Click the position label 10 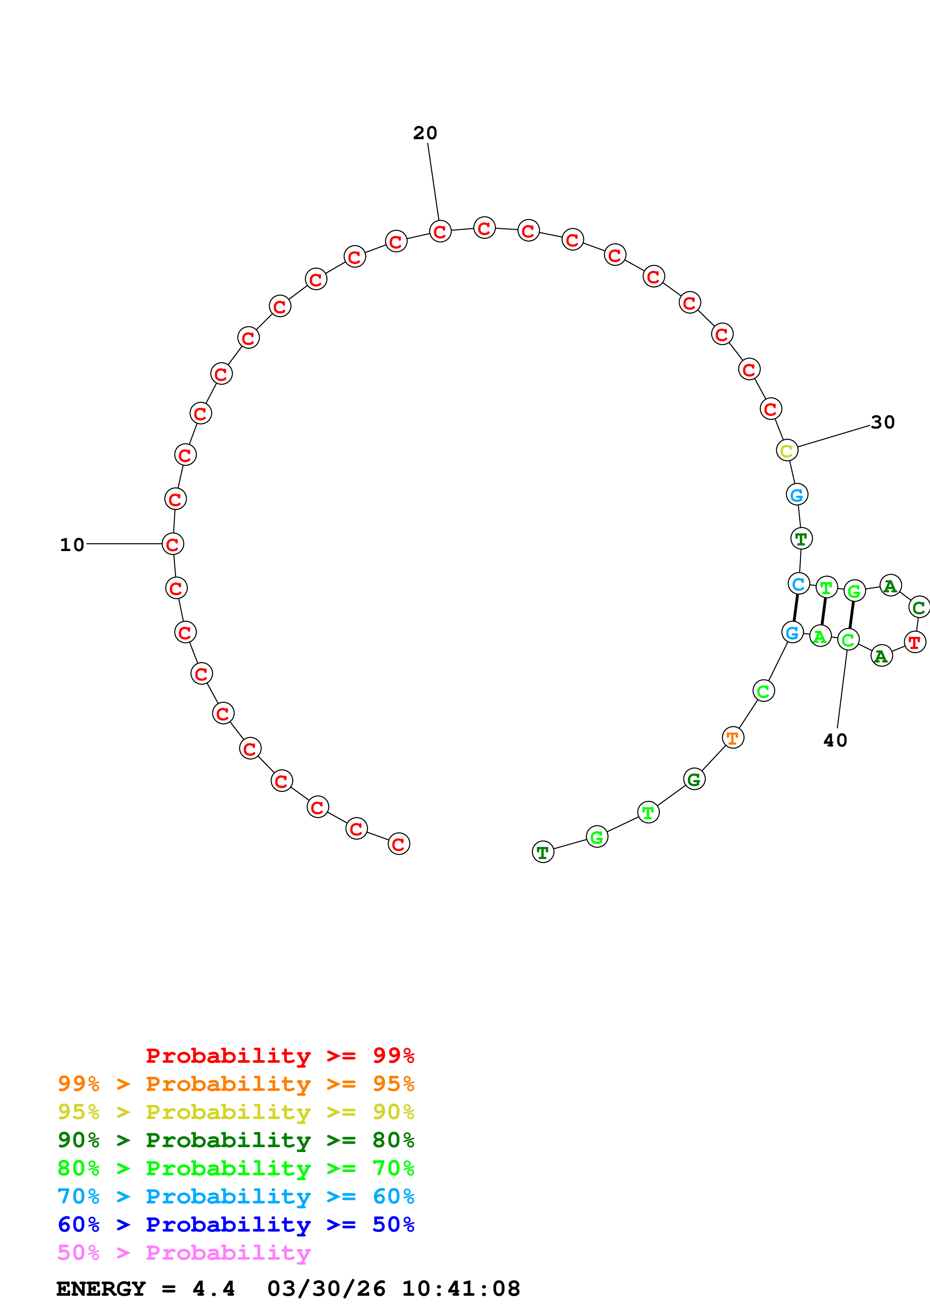[72, 544]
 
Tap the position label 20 [425, 133]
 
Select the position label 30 [882, 422]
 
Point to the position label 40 [835, 741]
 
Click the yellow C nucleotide [787, 451]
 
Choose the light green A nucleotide [820, 636]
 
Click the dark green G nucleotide [694, 779]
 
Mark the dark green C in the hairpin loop [918, 608]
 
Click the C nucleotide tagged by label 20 [440, 231]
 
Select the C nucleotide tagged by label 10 [173, 544]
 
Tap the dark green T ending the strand [542, 852]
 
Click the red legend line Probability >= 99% [279, 1055]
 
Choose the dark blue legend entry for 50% [236, 1224]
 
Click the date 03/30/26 [326, 1289]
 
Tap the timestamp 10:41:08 [461, 1289]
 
